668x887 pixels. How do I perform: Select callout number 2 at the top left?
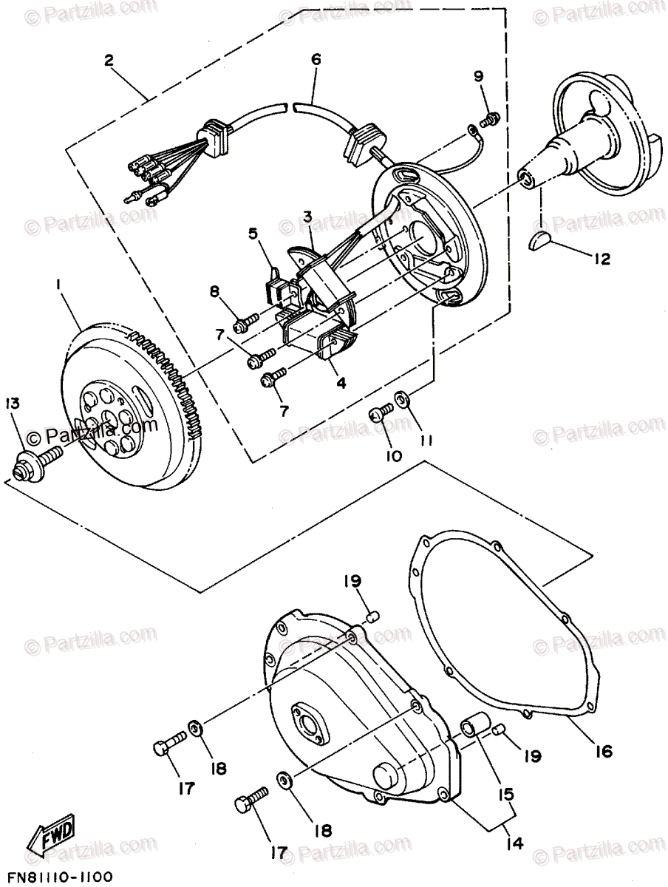pos(109,61)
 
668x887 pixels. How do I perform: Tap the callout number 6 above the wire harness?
pos(316,61)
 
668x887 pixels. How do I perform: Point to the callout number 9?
pos(478,76)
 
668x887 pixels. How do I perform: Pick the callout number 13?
pos(13,403)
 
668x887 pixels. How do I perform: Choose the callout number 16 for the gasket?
pos(603,751)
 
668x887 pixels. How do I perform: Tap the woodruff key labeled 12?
pos(542,239)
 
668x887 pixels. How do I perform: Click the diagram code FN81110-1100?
pos(56,877)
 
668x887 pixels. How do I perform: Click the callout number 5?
pos(253,235)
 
